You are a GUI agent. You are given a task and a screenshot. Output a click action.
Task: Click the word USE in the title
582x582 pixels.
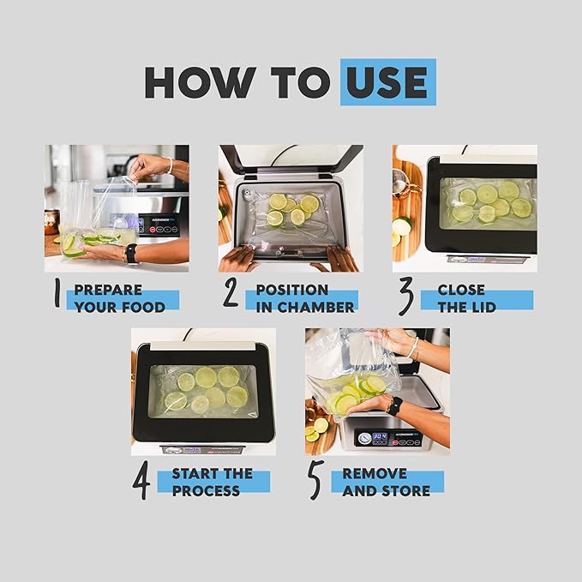click(x=387, y=82)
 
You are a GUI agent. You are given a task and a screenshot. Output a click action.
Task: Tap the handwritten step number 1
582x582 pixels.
click(x=57, y=293)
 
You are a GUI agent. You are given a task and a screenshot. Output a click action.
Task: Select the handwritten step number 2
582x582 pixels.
click(x=230, y=292)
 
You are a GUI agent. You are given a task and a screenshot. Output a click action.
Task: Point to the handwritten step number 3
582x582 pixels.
click(x=406, y=297)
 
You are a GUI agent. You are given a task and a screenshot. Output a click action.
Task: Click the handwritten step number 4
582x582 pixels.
click(x=141, y=480)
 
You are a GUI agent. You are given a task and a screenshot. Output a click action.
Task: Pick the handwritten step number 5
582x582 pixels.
click(x=315, y=479)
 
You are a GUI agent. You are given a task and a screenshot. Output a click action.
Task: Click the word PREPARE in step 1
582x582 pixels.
click(x=108, y=290)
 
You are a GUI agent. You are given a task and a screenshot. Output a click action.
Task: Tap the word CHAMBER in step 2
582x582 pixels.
click(x=315, y=308)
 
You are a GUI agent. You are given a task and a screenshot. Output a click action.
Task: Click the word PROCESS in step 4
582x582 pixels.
click(x=206, y=490)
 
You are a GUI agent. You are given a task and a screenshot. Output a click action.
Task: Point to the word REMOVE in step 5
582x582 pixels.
click(x=375, y=474)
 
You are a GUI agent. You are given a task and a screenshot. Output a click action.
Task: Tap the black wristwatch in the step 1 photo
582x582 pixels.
click(x=131, y=253)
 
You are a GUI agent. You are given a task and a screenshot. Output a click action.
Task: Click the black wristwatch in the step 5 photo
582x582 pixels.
click(x=393, y=406)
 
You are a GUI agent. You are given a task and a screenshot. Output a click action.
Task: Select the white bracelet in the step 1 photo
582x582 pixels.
click(x=170, y=165)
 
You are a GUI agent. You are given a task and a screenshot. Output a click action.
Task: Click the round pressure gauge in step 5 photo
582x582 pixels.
click(x=364, y=438)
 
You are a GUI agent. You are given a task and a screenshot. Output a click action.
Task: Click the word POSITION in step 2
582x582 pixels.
click(x=292, y=290)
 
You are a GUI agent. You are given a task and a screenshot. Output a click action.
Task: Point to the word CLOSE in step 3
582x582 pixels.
click(x=461, y=290)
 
